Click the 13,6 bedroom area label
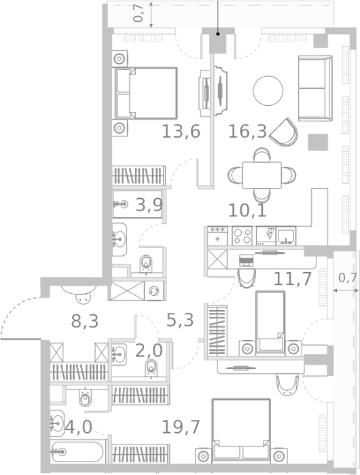point(181,132)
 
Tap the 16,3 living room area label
point(247,132)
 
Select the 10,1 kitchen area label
point(247,210)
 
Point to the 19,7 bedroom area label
point(181,427)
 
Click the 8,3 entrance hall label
point(85,321)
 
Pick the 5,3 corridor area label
point(180,320)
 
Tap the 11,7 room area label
point(292,279)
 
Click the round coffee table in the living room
point(268,90)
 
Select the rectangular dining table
point(262,175)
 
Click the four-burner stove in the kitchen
point(242,236)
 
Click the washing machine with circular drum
point(154,291)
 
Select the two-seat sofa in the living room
point(315,88)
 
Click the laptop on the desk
point(246,261)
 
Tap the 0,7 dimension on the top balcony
point(139,14)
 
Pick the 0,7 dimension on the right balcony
point(348,278)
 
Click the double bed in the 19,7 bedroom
point(241,430)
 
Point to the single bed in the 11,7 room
point(270,323)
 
